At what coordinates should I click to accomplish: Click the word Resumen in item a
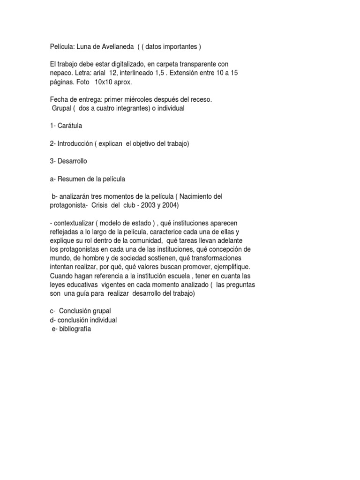[x=71, y=179]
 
